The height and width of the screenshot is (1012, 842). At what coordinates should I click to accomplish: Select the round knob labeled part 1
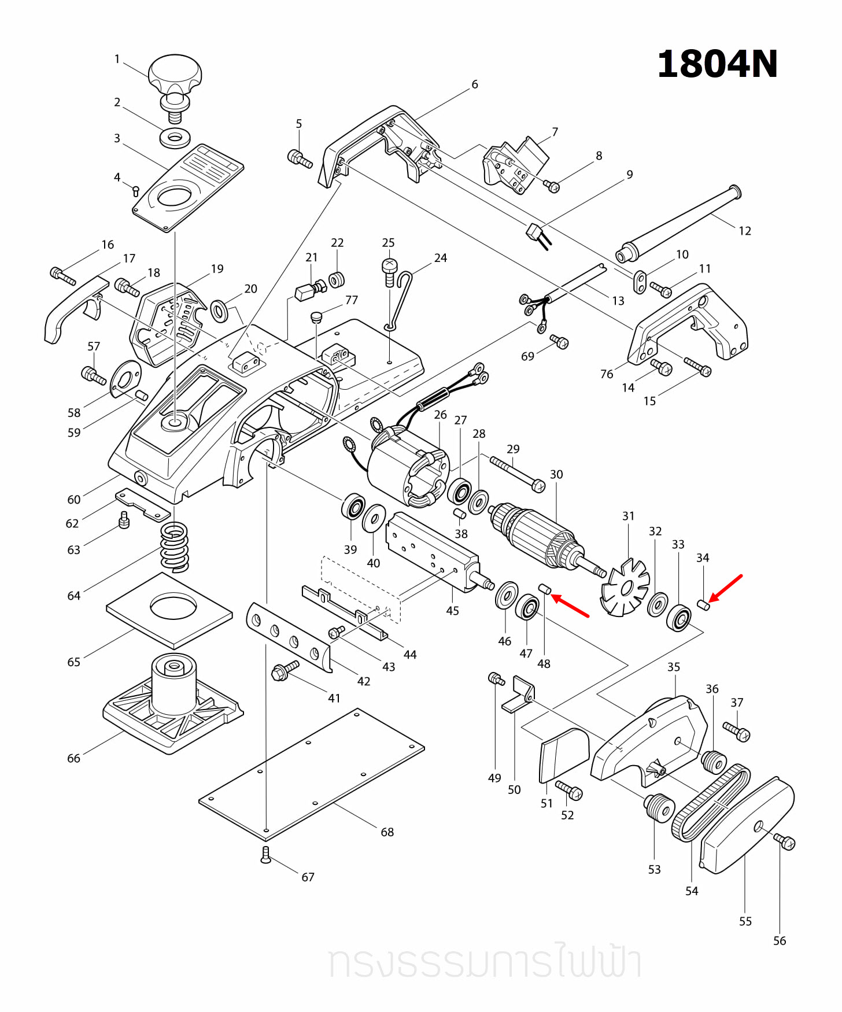pos(175,74)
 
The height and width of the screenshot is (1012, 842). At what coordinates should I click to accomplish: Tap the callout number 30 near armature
pos(556,474)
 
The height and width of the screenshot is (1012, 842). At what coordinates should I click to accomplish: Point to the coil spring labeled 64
pos(174,546)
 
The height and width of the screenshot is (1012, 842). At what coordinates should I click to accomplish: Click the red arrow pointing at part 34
pos(726,589)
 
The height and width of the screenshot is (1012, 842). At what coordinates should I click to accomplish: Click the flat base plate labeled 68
pos(312,775)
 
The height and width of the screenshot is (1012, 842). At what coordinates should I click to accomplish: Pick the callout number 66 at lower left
pos(73,758)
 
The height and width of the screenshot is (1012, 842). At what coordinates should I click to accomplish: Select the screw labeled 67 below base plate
pos(265,855)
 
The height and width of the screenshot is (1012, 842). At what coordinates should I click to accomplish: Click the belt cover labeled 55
pos(746,827)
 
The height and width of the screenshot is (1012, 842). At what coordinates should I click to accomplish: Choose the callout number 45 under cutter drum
pos(452,611)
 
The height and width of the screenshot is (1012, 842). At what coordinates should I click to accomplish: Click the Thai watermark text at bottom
pos(485,962)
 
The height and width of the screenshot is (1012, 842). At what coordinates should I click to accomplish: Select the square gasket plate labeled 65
pos(169,611)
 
